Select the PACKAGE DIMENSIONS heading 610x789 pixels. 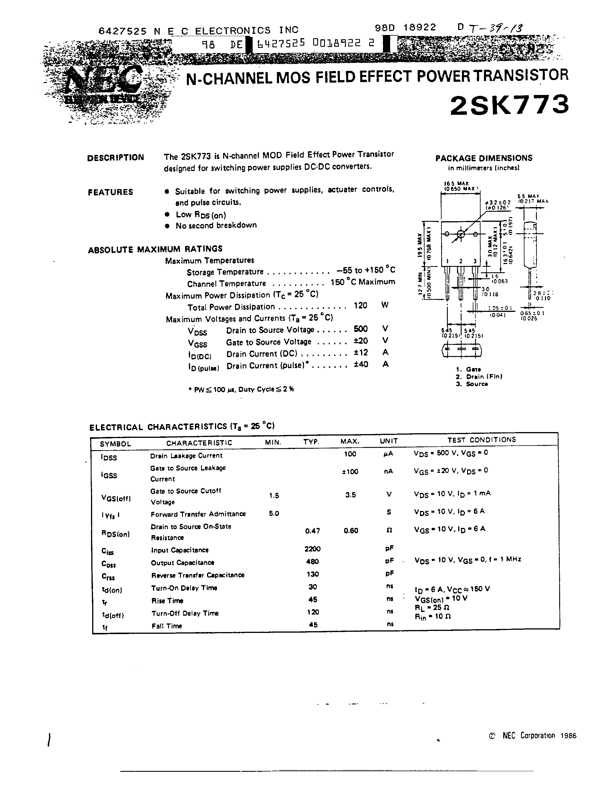tap(483, 158)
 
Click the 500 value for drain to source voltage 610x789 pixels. tap(361, 329)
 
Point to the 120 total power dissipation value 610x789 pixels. tap(360, 306)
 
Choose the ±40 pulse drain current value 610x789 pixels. tap(361, 364)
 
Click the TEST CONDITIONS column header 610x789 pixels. tap(481, 440)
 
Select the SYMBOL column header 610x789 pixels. tap(115, 444)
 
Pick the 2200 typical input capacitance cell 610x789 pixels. tap(312, 549)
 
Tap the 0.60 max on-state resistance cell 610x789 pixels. tap(350, 530)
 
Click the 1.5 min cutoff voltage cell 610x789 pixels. tap(274, 496)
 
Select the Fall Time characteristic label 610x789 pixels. tap(166, 626)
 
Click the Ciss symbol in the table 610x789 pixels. tap(108, 551)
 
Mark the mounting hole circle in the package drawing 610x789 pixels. tap(461, 234)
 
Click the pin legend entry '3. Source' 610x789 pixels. tap(472, 384)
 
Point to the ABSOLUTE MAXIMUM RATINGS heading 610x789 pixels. tap(155, 249)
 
